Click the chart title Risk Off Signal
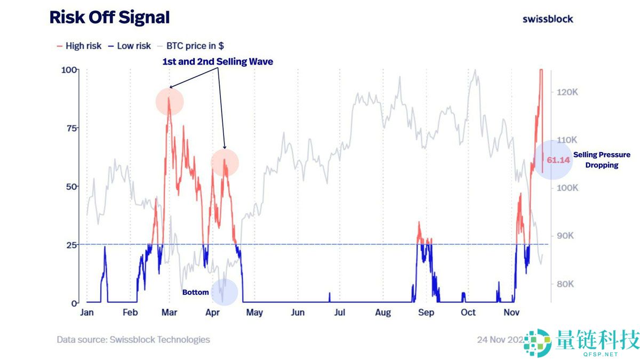click(109, 18)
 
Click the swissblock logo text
click(548, 19)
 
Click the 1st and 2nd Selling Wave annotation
click(218, 62)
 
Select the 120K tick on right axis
click(567, 92)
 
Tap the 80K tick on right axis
click(565, 284)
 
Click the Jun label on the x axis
click(298, 313)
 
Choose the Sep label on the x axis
click(426, 313)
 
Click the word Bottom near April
click(196, 292)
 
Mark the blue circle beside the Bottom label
click(224, 292)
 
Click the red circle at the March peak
click(170, 102)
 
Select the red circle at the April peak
click(225, 163)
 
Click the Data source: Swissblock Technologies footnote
click(133, 340)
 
